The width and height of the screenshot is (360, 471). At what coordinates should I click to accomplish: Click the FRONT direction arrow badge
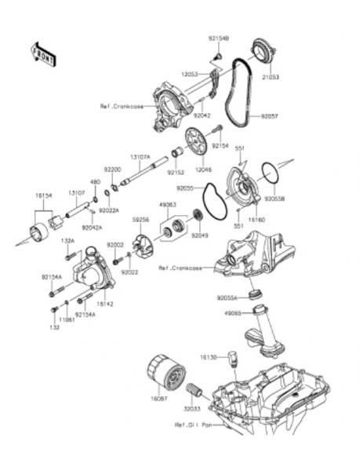tap(44, 54)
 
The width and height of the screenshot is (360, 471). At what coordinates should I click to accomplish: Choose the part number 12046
tap(204, 169)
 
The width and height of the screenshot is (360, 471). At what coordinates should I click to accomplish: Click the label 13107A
tap(140, 156)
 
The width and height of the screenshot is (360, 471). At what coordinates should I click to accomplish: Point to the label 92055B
tap(275, 199)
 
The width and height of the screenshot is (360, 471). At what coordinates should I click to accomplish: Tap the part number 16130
tap(207, 357)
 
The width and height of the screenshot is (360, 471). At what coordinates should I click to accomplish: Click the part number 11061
tap(67, 320)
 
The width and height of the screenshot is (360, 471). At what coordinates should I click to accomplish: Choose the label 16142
tap(105, 302)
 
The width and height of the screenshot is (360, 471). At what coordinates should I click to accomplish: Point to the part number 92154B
tap(218, 37)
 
